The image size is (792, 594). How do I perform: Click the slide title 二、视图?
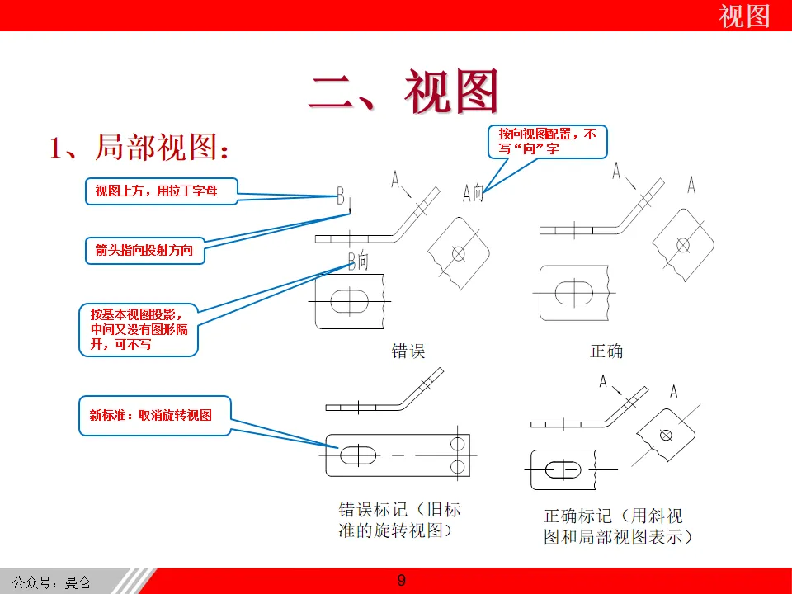404,90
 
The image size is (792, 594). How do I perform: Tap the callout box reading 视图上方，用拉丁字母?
161,191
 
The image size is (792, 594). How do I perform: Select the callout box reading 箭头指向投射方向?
144,250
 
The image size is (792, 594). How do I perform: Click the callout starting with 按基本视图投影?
139,329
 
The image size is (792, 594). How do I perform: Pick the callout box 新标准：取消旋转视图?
154,415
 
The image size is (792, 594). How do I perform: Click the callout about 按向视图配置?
547,141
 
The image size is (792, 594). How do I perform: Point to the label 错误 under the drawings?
408,351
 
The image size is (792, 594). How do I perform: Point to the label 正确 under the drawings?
606,351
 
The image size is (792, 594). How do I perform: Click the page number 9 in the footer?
402,581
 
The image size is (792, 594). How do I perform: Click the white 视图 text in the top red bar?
744,16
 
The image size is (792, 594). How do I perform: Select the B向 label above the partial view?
358,261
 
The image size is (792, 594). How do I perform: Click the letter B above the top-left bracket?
341,196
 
